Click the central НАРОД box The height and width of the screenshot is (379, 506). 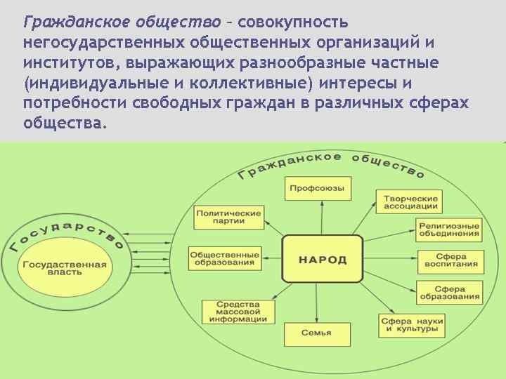tap(323, 259)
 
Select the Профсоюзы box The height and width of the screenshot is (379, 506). tap(318, 188)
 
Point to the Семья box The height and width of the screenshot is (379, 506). tap(316, 332)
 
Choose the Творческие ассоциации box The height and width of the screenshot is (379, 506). tap(411, 202)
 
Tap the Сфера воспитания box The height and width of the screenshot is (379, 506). tap(450, 260)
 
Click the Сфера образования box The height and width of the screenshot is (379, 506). tap(450, 293)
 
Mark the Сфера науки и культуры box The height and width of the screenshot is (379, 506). tap(413, 324)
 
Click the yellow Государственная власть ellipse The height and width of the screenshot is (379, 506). tap(65, 268)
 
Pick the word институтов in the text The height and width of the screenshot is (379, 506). tap(66, 62)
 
